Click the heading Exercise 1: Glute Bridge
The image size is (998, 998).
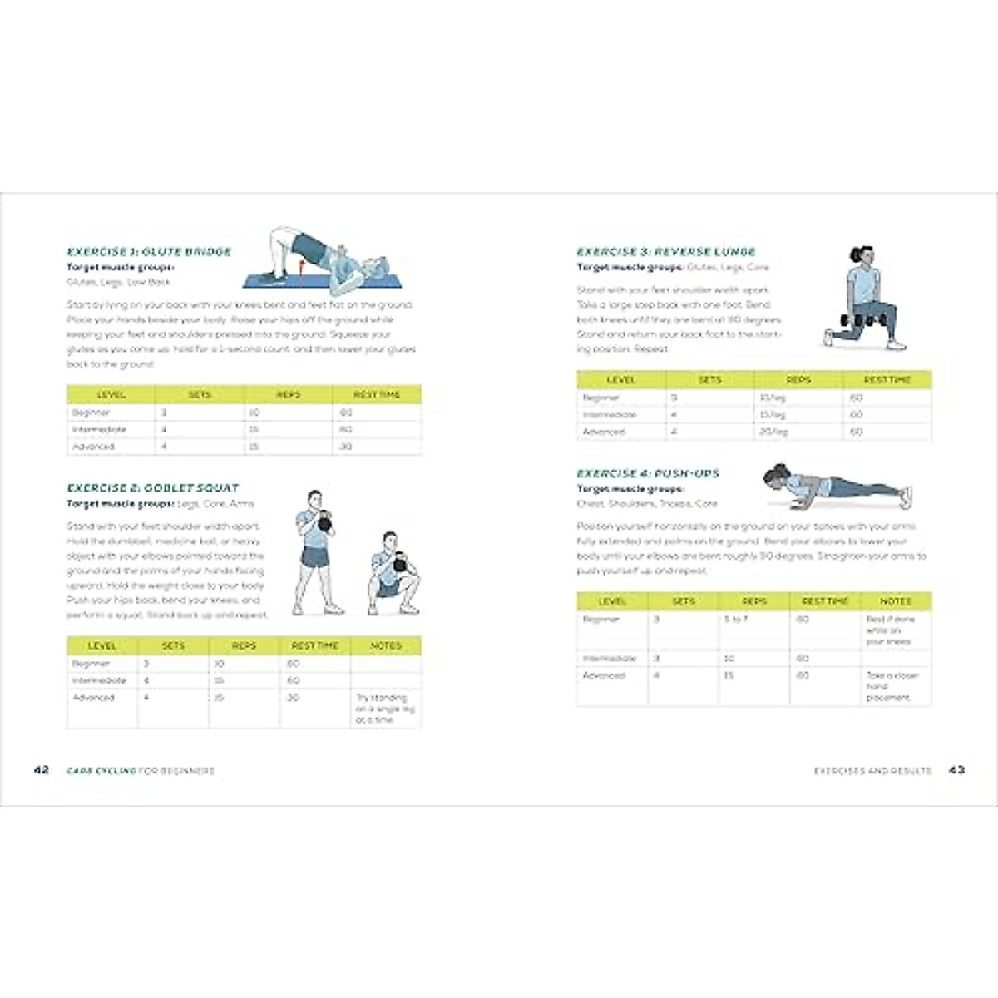[149, 252]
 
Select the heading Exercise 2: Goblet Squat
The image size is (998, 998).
[152, 488]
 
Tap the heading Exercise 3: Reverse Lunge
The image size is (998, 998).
[666, 252]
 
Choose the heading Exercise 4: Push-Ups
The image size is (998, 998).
[648, 473]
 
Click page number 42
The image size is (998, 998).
[42, 770]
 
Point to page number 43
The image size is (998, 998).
[956, 770]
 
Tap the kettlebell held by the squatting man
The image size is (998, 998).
[401, 566]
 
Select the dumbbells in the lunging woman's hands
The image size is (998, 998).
[857, 319]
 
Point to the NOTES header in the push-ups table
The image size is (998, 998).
[896, 601]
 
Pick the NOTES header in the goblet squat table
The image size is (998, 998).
[386, 646]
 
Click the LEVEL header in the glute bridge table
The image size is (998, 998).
[111, 394]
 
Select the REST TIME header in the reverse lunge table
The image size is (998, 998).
[887, 380]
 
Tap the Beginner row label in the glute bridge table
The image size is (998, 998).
[91, 413]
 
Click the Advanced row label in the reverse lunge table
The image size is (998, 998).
[604, 432]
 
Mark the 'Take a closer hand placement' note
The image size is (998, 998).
[892, 687]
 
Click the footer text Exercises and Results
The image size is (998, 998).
[872, 771]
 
